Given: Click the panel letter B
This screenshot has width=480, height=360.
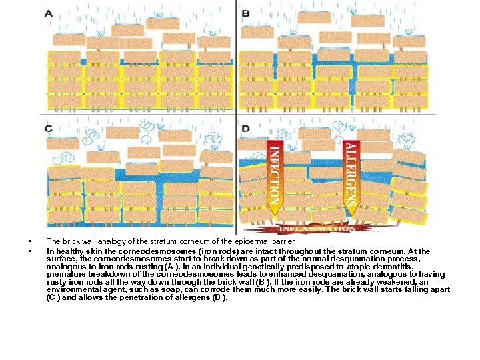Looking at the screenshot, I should coord(245,13).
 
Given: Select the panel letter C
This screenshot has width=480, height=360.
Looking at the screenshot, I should coord(49,127).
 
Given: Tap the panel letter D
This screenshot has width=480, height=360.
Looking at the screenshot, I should coord(246,128).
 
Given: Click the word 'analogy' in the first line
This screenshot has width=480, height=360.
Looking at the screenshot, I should coord(105,241).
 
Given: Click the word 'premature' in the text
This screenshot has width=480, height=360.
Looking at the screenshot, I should coord(63,274).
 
